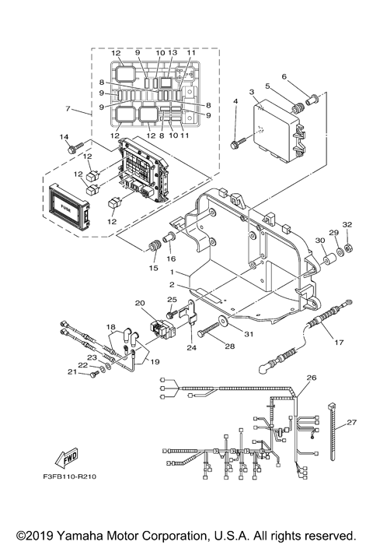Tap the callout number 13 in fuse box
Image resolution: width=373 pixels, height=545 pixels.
click(173, 53)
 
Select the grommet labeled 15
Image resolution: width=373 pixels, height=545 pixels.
click(152, 248)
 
